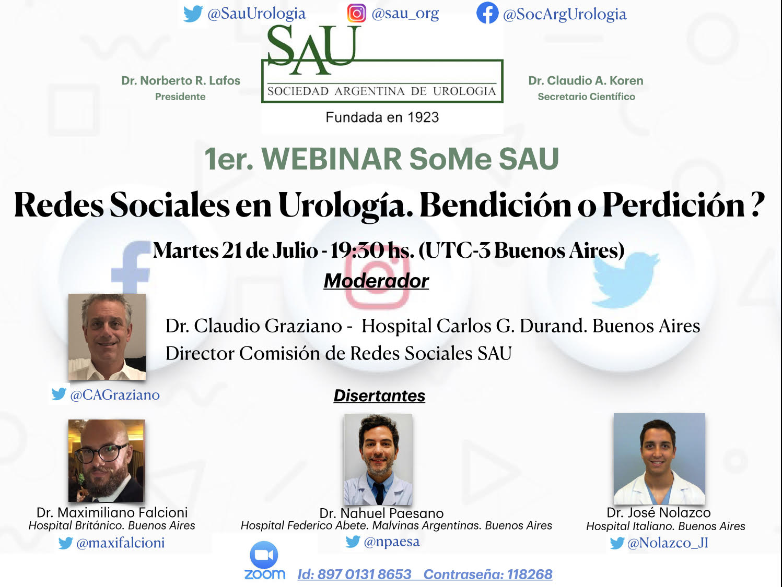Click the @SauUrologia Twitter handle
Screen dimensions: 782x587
pos(256,14)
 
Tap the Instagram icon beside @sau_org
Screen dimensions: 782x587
pos(356,14)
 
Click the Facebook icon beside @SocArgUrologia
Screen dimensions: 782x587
pos(487,13)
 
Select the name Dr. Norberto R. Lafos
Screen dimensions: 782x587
pos(181,81)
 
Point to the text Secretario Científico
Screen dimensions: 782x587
pos(586,97)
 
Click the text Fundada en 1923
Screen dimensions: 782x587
pos(382,117)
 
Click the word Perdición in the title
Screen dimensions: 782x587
pos(673,205)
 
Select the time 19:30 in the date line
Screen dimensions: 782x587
pos(357,250)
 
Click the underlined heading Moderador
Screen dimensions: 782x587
pos(376,281)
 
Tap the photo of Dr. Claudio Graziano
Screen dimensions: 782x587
pos(107,337)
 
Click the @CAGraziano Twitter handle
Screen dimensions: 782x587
pos(115,395)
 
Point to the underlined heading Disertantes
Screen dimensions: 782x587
pos(379,396)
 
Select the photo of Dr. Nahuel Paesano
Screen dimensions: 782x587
pos(378,459)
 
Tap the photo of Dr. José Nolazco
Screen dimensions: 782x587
pos(659,458)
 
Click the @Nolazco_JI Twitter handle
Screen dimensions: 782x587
pos(668,543)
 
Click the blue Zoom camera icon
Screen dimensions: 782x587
pos(264,555)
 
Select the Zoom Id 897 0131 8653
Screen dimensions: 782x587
pos(354,574)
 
